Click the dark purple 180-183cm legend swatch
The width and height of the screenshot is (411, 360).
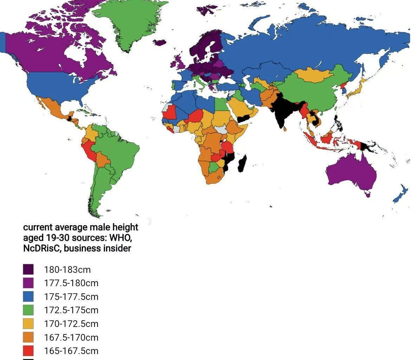pos(28,270)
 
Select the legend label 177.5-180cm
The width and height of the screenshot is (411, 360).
pos(71,283)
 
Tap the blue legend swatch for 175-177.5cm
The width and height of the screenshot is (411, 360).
pos(28,296)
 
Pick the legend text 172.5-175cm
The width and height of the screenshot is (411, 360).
pos(71,310)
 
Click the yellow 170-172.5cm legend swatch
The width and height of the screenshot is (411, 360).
pos(28,323)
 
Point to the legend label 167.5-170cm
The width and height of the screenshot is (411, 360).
pos(71,337)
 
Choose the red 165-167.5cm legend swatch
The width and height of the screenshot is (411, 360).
pos(28,351)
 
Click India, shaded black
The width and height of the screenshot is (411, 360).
pos(281,112)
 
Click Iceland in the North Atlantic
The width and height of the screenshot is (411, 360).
pos(159,43)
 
